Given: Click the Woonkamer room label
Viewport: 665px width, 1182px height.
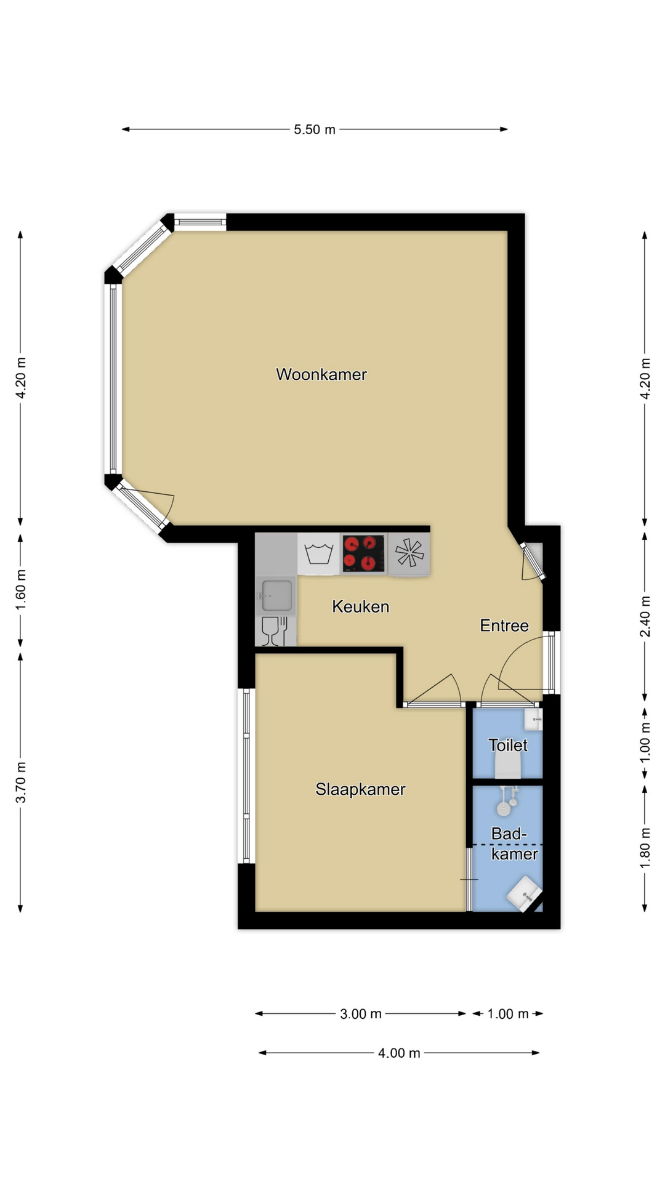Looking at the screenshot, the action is tap(321, 374).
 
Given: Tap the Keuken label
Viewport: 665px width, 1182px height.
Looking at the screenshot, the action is tap(361, 606).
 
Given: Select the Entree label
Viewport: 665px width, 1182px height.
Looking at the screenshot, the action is tap(504, 625).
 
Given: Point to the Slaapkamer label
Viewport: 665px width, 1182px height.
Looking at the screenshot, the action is tap(360, 789).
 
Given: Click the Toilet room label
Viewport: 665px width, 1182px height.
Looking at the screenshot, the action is tap(508, 745).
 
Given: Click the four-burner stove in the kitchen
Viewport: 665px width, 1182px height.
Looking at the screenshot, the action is tap(364, 553).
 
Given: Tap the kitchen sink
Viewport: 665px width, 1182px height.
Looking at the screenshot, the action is tap(276, 595).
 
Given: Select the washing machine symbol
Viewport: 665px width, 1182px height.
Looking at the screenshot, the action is tap(319, 553).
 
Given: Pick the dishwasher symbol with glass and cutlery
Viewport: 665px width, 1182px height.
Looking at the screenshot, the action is tap(275, 632).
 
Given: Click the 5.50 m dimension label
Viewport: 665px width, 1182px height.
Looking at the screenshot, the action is tap(315, 129).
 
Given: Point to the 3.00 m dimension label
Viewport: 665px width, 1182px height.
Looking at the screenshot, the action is tap(361, 1013).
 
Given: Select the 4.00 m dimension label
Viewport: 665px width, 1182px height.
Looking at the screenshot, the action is tap(399, 1053).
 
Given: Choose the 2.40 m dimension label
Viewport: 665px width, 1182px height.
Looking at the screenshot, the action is tap(645, 616).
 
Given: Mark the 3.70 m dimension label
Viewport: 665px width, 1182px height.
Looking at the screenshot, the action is tap(21, 782).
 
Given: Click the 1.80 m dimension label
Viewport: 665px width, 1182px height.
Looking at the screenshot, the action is tap(645, 848).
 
